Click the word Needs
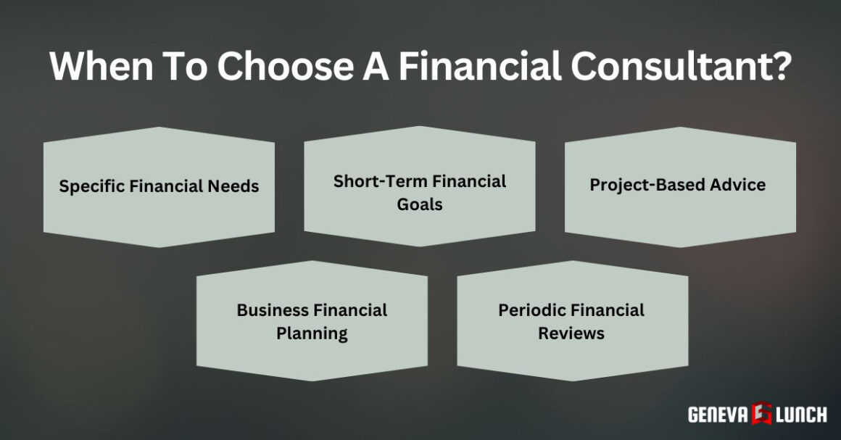pos(234,186)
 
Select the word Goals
pos(419,204)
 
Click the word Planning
pos(312,333)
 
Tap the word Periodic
pos(528,310)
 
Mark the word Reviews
pos(571,333)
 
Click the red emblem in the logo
pos(759,414)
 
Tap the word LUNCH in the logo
pos(800,415)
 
